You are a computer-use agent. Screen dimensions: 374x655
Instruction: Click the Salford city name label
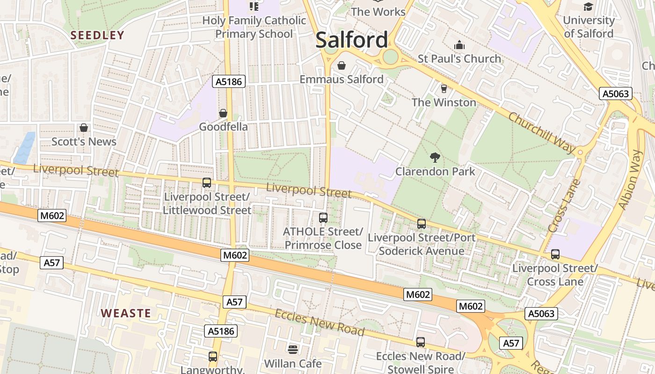click(352, 40)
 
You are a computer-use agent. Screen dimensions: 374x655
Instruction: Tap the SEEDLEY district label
click(97, 35)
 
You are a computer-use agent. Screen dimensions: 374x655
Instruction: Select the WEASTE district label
click(126, 313)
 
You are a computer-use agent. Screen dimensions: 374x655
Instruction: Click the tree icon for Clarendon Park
click(435, 158)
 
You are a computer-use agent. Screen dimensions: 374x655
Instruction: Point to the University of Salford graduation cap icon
click(588, 7)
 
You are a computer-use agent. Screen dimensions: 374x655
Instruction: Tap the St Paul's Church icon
click(459, 45)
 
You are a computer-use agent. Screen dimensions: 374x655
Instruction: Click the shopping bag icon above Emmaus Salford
click(342, 65)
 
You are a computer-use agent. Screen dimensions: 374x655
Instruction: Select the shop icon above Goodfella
click(223, 113)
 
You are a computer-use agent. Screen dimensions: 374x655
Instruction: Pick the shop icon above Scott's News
click(84, 128)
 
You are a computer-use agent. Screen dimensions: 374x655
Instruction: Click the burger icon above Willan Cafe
click(293, 349)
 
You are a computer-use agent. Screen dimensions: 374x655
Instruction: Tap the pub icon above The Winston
click(444, 88)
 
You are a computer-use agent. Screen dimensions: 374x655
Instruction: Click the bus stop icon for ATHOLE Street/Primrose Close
click(323, 217)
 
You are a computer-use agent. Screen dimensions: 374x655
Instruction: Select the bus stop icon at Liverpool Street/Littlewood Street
click(206, 183)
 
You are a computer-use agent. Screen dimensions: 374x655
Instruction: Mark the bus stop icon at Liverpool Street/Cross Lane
click(555, 254)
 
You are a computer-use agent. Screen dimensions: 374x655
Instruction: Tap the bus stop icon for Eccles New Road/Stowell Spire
click(421, 342)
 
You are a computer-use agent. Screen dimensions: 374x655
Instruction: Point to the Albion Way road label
click(631, 180)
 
